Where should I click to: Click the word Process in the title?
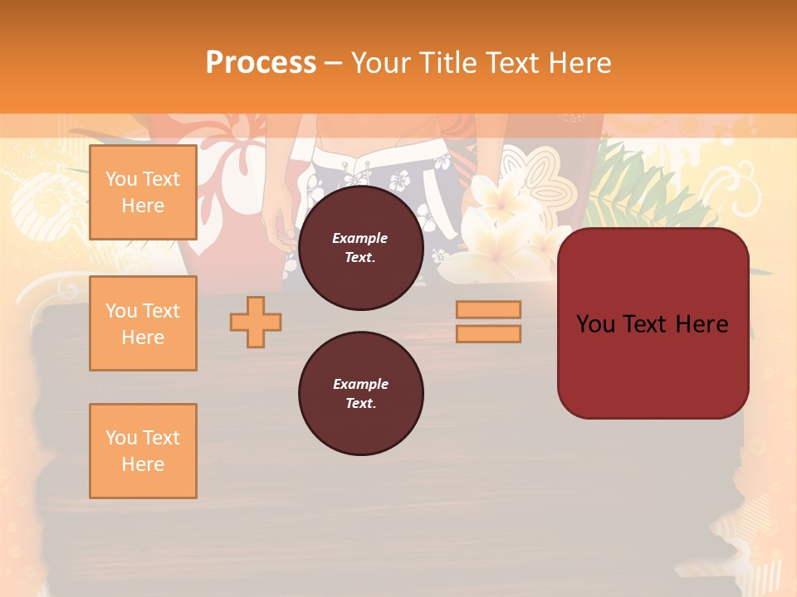261,63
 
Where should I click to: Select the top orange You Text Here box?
143,192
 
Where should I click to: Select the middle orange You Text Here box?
143,323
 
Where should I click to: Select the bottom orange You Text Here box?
143,451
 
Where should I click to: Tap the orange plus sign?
256,322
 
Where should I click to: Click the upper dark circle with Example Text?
360,248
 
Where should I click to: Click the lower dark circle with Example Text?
360,394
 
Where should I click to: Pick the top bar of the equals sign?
488,309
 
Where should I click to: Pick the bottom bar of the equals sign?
488,334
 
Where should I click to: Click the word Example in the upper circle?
360,238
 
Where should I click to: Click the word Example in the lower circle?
360,384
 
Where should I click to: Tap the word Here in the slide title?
580,63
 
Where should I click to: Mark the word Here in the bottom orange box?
143,464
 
